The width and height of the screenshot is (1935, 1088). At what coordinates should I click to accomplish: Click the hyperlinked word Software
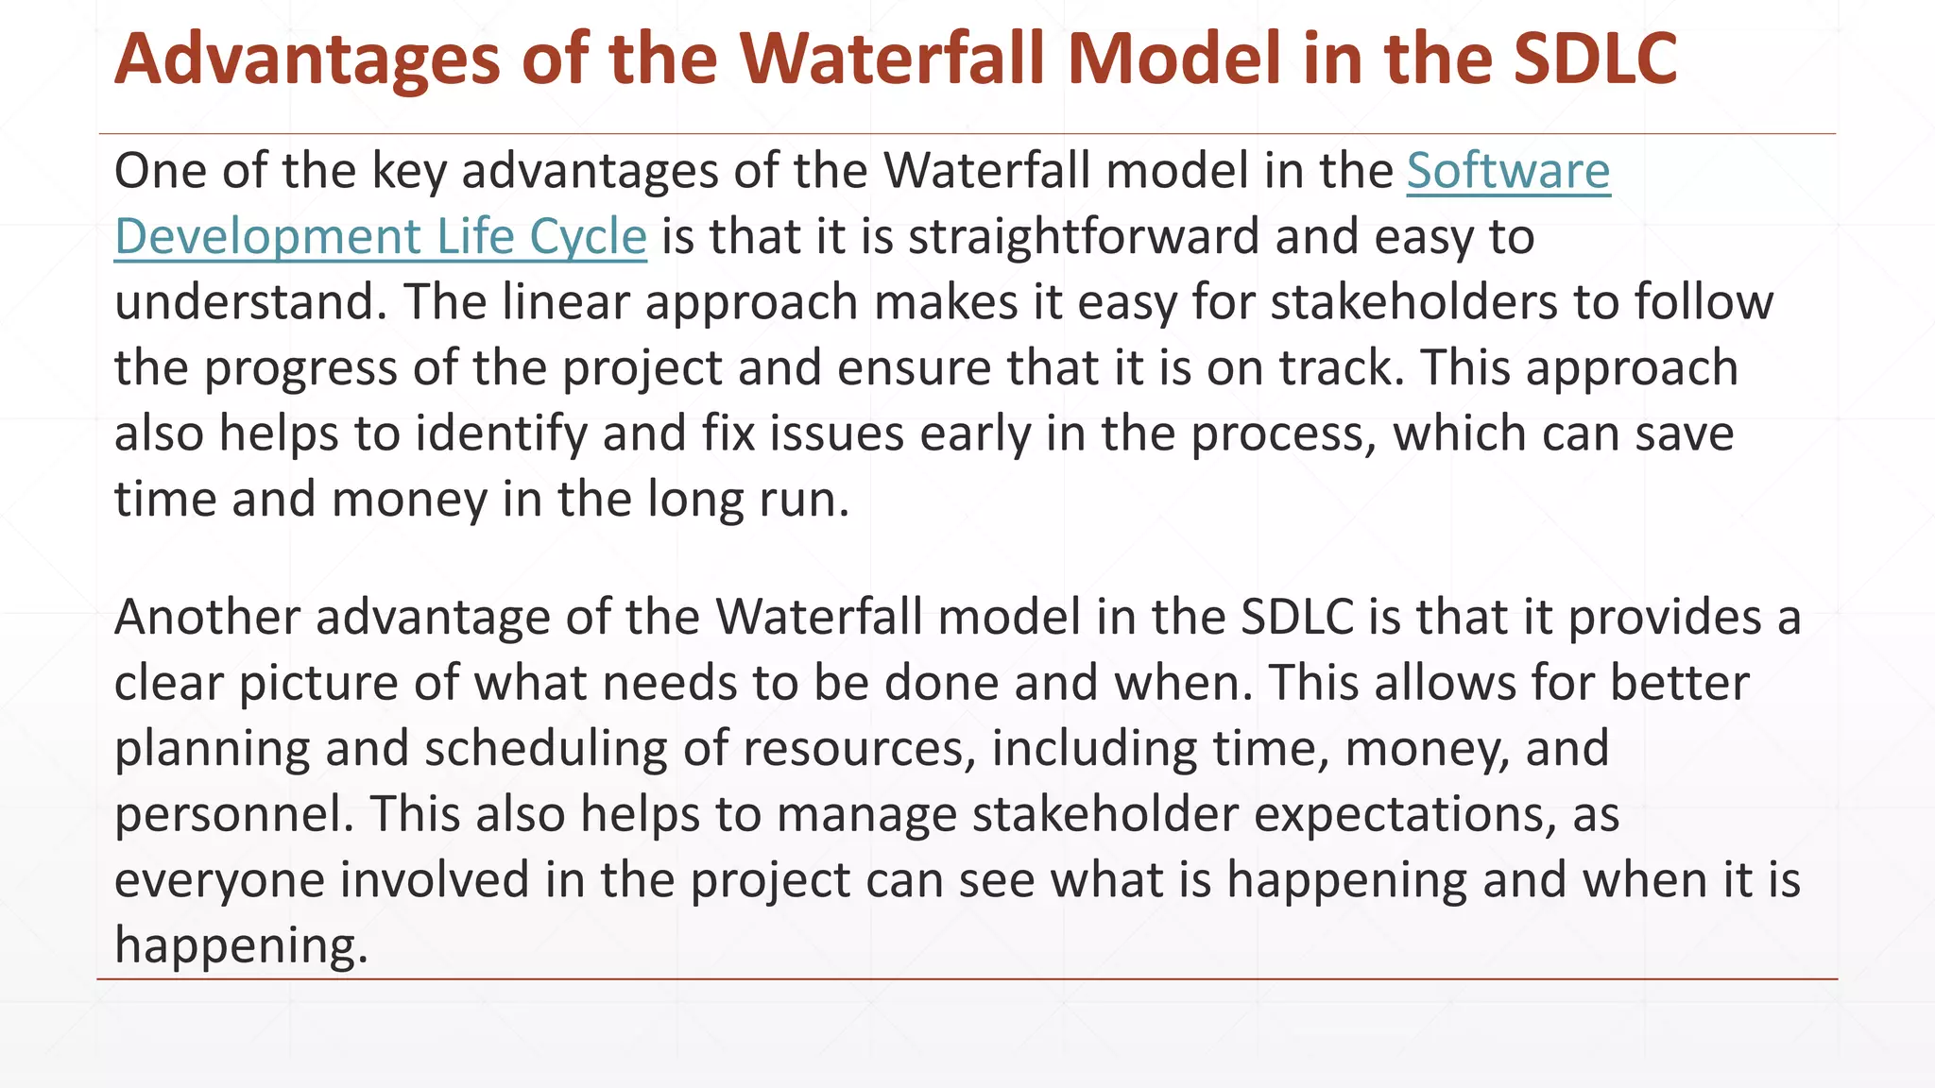[x=1508, y=172]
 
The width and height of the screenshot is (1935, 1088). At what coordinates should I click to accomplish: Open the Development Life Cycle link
[x=380, y=237]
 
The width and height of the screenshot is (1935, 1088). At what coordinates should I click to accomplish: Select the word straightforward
[x=1084, y=237]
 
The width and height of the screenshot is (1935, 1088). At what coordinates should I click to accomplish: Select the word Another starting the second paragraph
[x=207, y=618]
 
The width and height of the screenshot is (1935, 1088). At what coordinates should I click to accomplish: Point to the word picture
[x=318, y=683]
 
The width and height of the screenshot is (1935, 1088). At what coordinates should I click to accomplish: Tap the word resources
[x=859, y=749]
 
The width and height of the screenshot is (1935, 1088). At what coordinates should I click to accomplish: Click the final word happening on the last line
[x=241, y=945]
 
